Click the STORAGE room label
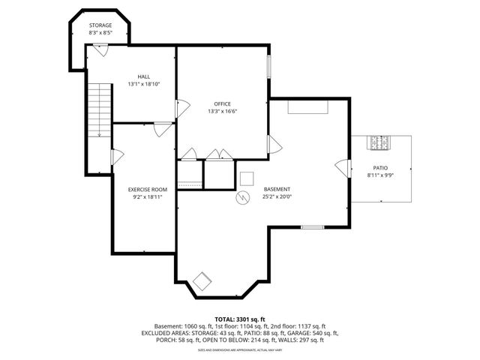coord(100,25)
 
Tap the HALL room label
coord(144,76)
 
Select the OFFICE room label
coord(222,103)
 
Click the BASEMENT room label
coord(277,189)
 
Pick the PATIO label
coord(380,167)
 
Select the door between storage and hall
coord(100,50)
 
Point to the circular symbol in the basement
coord(242,198)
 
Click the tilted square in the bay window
coord(202,282)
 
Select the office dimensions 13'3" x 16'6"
coord(222,111)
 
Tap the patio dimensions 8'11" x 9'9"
coord(380,175)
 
